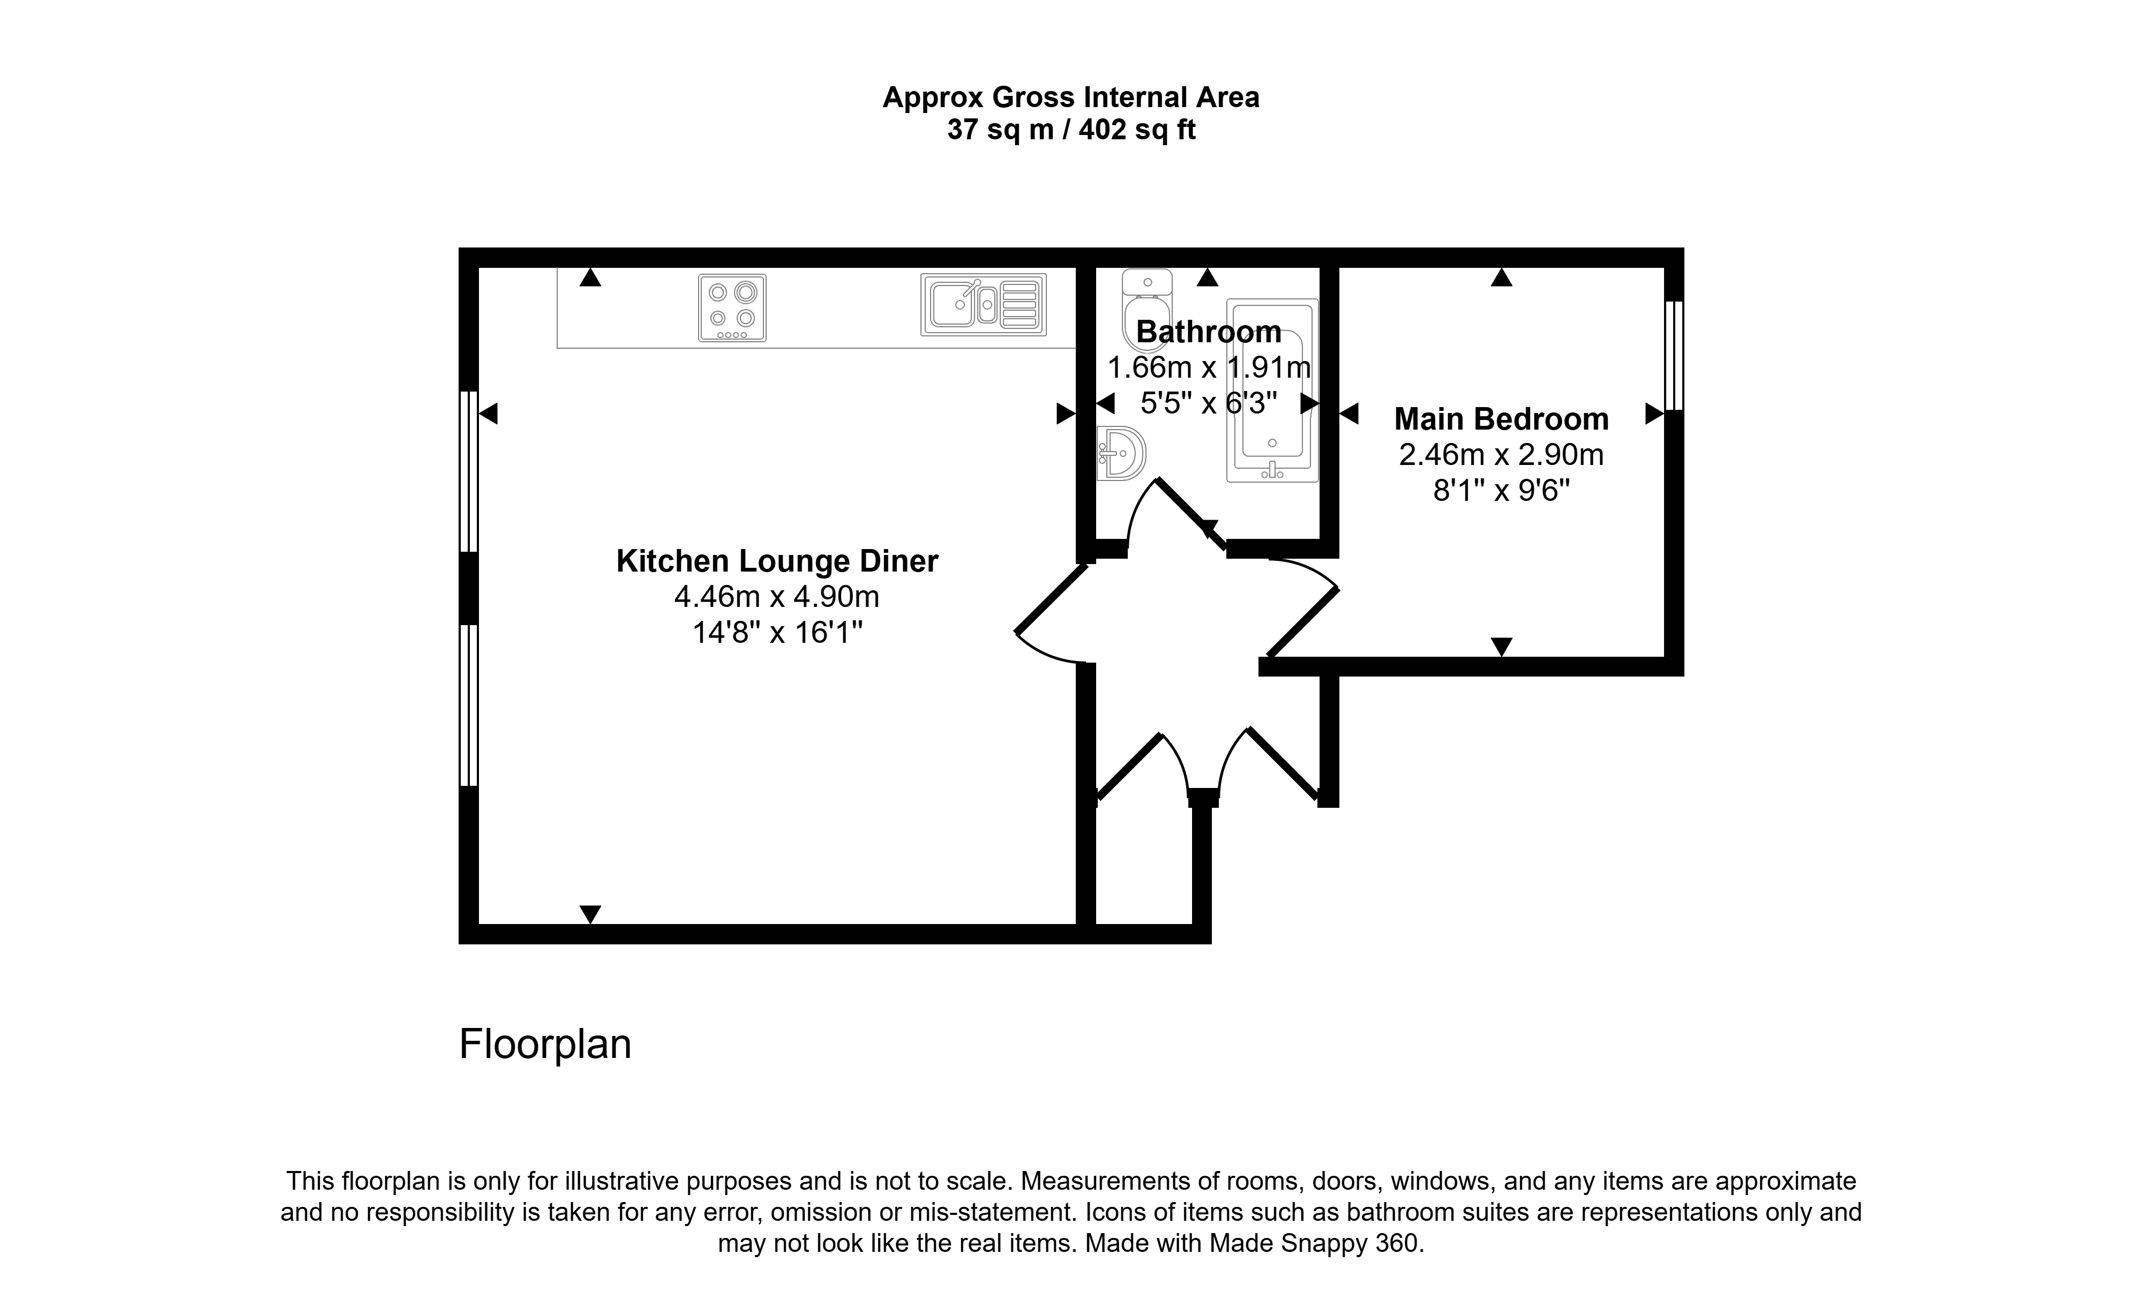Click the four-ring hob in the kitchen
tap(732, 308)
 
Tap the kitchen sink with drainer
tap(984, 304)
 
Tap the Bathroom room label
tap(1208, 331)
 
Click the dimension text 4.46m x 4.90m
tap(777, 596)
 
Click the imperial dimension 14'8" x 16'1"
tap(777, 632)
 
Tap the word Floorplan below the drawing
tap(545, 1044)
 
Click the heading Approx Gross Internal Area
tap(1071, 97)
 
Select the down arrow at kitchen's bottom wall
tap(590, 914)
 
